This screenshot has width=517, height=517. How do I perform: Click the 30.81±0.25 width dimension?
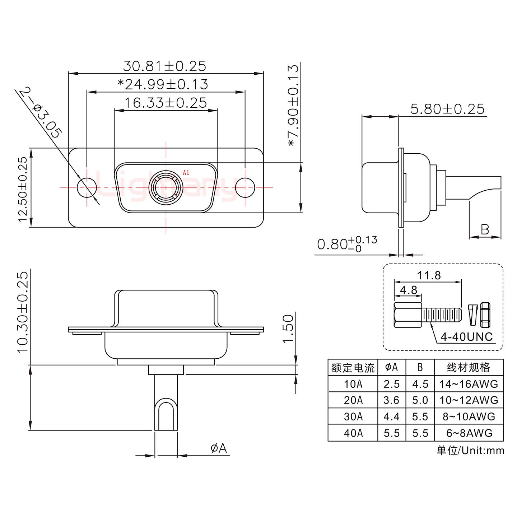click(x=164, y=66)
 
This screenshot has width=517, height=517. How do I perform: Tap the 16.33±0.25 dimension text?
click(x=166, y=103)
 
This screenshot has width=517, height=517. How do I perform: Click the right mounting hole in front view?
click(x=245, y=187)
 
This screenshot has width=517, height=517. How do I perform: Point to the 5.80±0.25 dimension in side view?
click(x=447, y=109)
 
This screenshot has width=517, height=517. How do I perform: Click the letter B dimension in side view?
click(x=485, y=229)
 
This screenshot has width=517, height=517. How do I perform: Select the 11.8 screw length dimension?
click(x=429, y=275)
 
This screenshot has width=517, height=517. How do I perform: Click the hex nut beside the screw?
click(x=485, y=315)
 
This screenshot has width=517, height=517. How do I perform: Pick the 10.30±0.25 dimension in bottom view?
click(x=22, y=311)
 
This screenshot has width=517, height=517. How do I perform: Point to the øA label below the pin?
click(x=219, y=448)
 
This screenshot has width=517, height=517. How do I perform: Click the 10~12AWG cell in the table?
click(x=469, y=400)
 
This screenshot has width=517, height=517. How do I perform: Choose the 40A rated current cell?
click(x=353, y=433)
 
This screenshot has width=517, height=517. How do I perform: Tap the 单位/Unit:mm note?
click(x=470, y=451)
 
